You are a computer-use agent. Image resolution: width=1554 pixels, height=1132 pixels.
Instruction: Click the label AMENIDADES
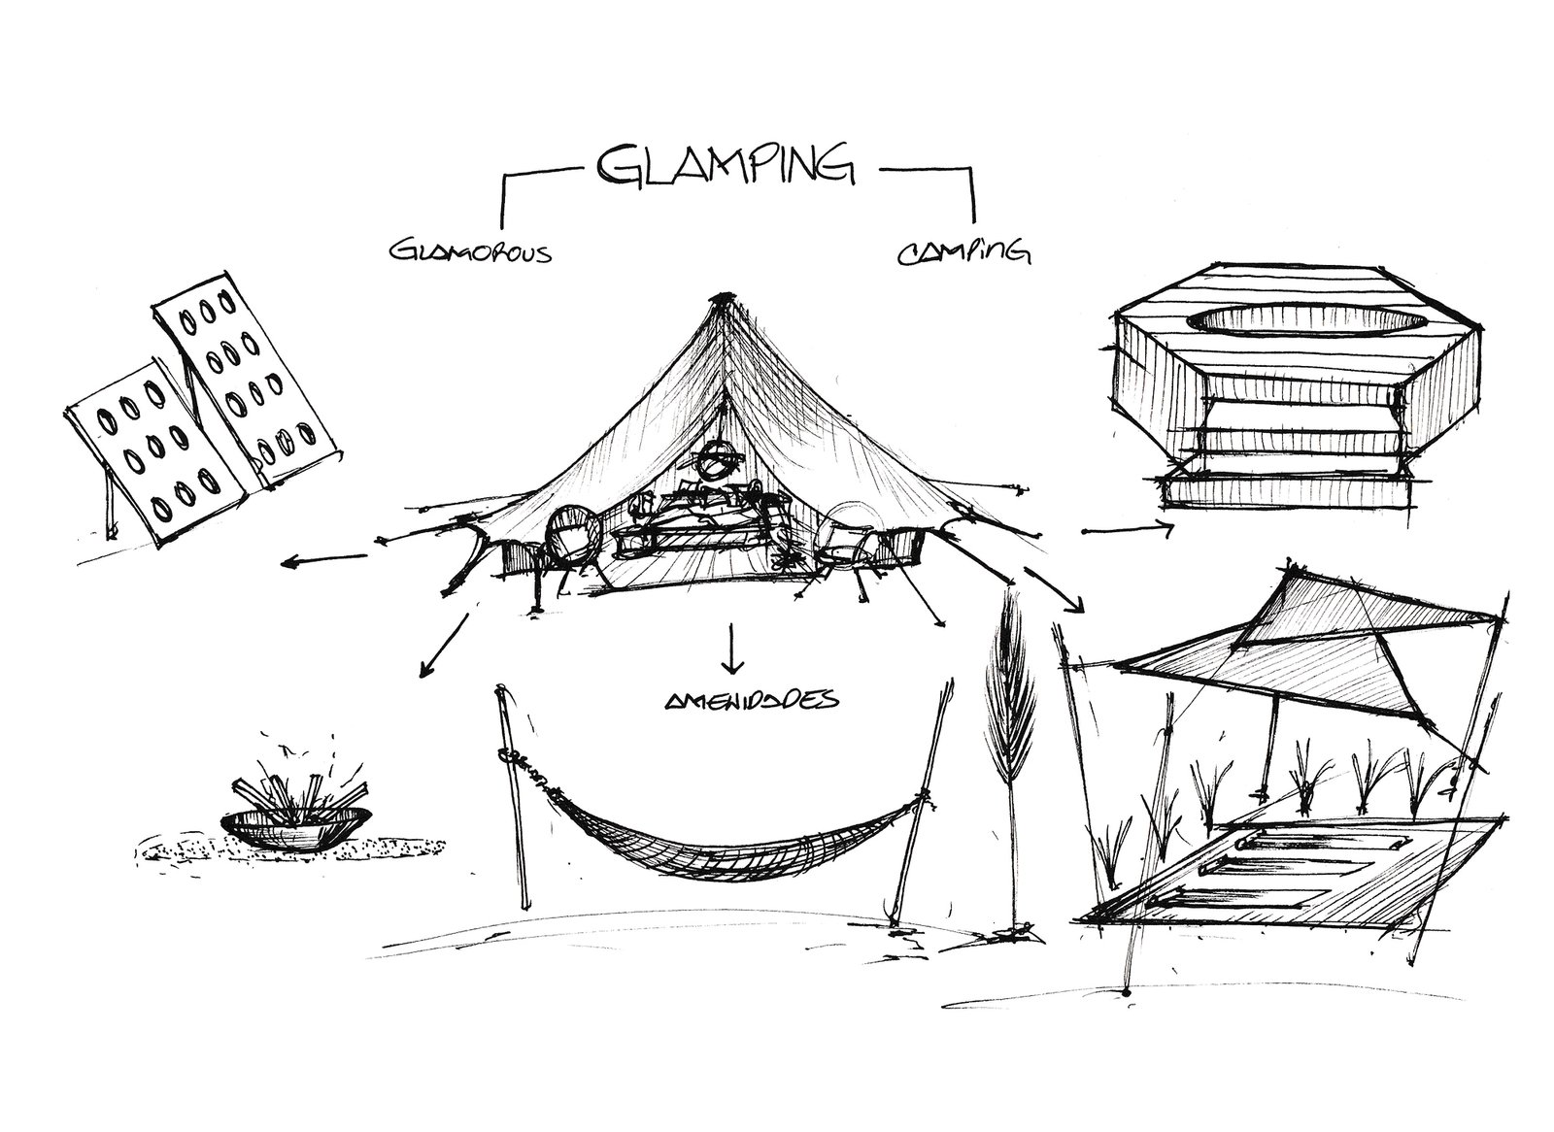739,700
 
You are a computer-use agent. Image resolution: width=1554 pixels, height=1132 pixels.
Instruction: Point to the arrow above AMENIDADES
730,649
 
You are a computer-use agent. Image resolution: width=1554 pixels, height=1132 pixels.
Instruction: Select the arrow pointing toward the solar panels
323,559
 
